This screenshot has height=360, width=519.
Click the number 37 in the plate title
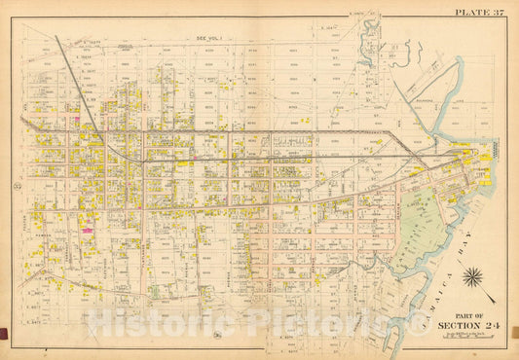pyautogui.click(x=499, y=13)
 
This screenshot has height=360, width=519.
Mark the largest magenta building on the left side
pyautogui.click(x=87, y=231)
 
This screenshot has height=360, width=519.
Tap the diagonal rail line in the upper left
pyautogui.click(x=82, y=91)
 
